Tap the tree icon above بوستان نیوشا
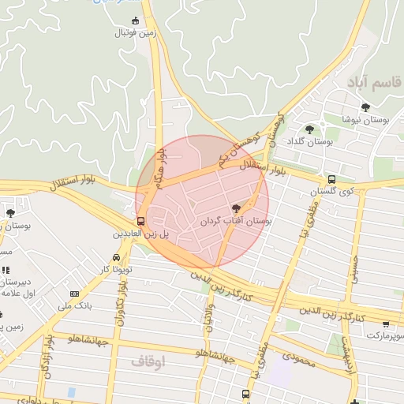click(x=365, y=107)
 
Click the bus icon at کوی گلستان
click(x=331, y=180)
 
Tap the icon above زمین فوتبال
click(x=135, y=21)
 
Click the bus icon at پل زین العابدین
click(x=140, y=221)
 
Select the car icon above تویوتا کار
click(x=117, y=257)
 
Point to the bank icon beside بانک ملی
click(x=74, y=294)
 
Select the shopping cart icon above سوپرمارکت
click(x=385, y=324)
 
